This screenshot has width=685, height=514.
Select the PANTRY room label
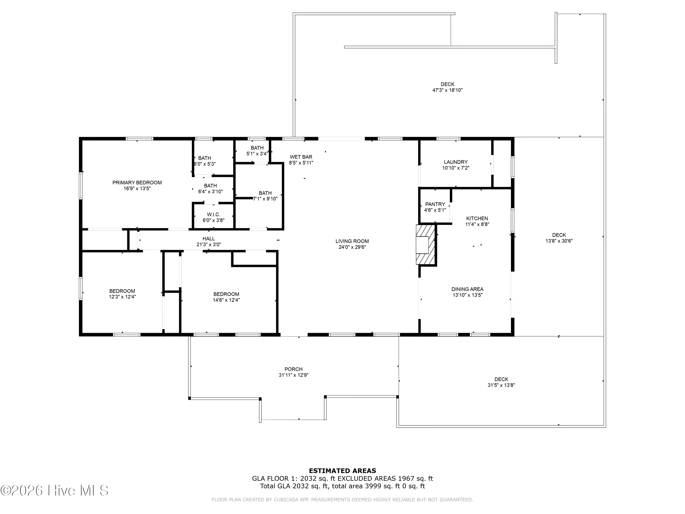pos(435,204)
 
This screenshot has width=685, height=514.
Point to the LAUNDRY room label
pos(456,162)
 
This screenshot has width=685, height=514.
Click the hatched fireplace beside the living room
pos(426,245)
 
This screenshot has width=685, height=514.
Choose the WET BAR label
pos(301,157)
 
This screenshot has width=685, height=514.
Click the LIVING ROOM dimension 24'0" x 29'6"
pos(352,247)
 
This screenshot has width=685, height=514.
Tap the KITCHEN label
pos(477,218)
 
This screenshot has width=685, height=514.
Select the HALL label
pos(209,238)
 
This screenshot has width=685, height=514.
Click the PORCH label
pos(294,369)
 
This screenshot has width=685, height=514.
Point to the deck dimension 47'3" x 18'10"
pos(448,90)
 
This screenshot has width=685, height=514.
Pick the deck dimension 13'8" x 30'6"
pos(559,241)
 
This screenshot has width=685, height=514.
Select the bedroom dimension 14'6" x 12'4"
pos(226,300)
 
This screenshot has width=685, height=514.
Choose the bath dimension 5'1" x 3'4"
pos(257,154)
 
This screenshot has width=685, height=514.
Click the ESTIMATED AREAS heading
pos(342,471)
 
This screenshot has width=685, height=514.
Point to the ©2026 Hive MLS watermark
pos(55,490)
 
